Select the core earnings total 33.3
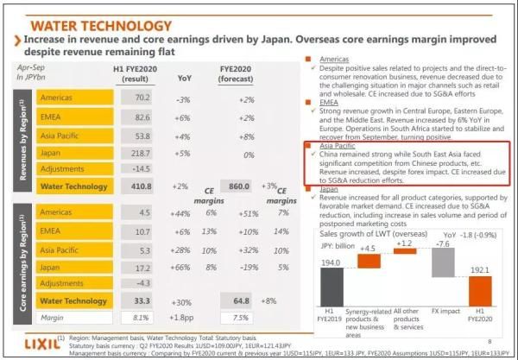coord(141,301)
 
